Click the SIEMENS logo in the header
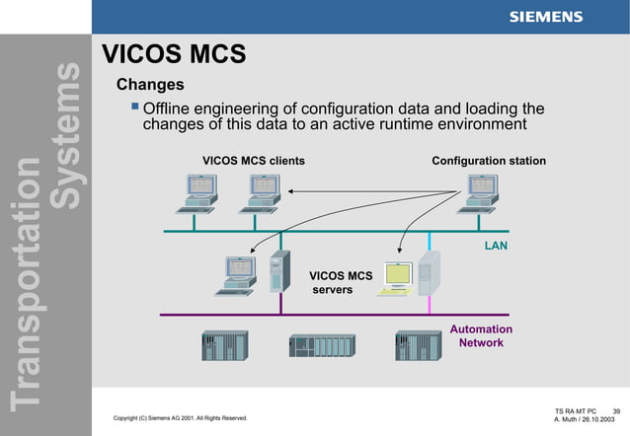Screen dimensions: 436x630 point(545,17)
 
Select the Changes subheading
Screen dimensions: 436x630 point(150,85)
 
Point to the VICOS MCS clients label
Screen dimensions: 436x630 point(253,160)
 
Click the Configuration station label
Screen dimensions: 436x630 point(488,160)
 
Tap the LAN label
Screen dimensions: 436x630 point(495,246)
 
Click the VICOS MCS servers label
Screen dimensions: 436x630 point(341,283)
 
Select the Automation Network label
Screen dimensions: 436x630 point(481,336)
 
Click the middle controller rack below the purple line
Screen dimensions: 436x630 point(320,346)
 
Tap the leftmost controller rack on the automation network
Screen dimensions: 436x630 point(224,345)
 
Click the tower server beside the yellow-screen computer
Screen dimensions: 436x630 point(429,273)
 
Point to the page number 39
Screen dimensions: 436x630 point(616,410)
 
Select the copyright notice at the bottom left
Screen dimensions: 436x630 point(181,419)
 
